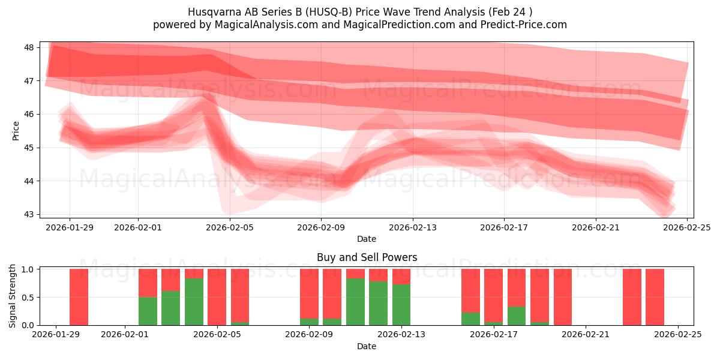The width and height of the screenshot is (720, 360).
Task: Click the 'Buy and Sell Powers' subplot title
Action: tap(367, 257)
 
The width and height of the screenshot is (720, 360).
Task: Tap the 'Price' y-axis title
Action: tap(16, 130)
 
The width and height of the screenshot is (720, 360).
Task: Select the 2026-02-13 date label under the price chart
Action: tap(413, 227)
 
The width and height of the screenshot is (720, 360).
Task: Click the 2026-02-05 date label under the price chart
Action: tap(230, 227)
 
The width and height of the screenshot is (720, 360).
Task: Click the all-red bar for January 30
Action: tap(79, 297)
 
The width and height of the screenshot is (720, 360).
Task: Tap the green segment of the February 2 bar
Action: tap(148, 311)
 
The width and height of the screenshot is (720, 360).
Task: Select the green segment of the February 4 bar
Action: tap(194, 302)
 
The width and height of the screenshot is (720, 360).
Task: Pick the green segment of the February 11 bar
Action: tap(355, 302)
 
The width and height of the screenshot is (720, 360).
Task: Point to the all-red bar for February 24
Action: tap(655, 297)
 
